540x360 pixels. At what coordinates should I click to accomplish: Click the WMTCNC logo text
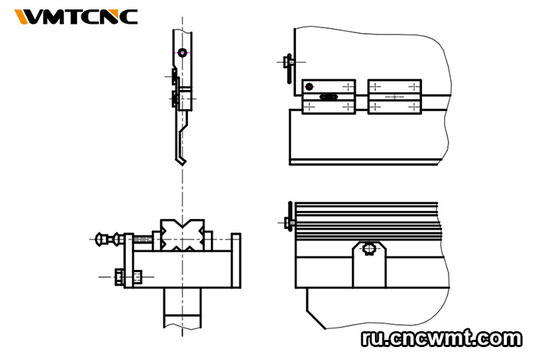(76, 16)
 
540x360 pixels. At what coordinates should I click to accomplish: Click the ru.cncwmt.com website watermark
(441, 337)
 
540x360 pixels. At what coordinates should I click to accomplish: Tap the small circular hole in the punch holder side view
(183, 53)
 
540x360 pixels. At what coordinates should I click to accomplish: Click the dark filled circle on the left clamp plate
(310, 87)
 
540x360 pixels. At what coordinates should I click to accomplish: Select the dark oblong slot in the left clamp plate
(329, 96)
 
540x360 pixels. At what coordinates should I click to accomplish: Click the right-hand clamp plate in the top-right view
(394, 96)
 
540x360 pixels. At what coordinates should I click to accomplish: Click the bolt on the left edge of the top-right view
(287, 62)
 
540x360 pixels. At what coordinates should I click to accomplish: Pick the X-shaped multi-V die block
(182, 235)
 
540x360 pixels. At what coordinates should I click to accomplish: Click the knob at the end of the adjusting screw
(103, 238)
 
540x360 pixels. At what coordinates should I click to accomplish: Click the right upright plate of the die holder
(235, 260)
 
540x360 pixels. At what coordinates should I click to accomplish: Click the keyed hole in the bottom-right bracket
(369, 250)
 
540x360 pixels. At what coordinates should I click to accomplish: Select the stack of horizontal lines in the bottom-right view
(367, 220)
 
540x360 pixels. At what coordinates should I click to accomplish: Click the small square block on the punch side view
(185, 99)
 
